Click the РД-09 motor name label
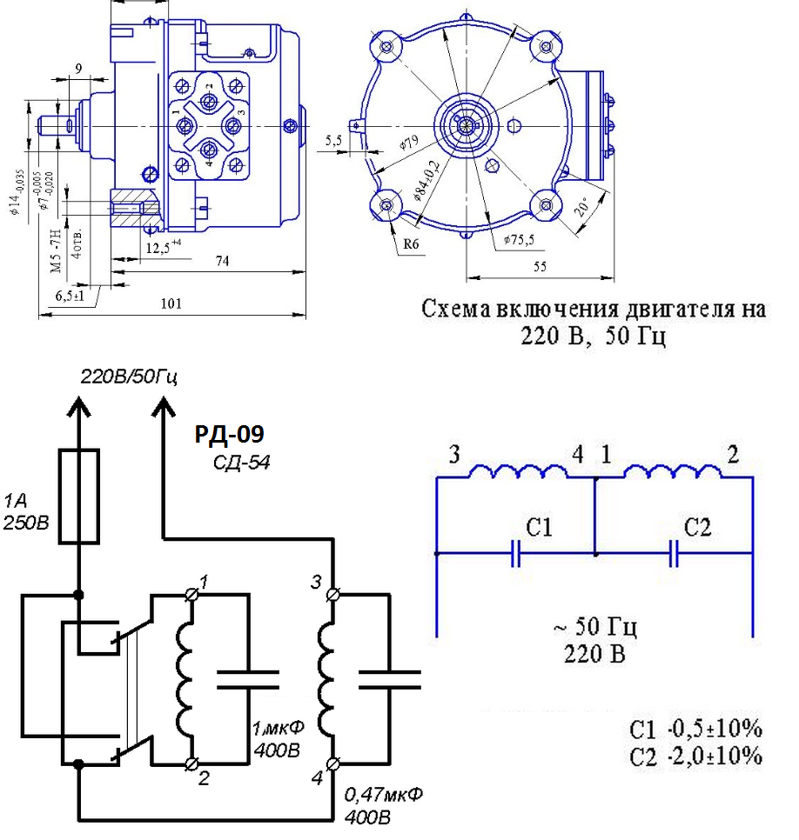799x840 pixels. pyautogui.click(x=230, y=434)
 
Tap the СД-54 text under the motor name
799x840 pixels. pyautogui.click(x=241, y=463)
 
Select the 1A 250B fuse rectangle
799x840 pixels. pyautogui.click(x=79, y=497)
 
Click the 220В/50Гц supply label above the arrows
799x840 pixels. pyautogui.click(x=129, y=377)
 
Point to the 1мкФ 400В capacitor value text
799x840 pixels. pyautogui.click(x=278, y=739)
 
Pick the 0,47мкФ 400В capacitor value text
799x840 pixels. pyautogui.click(x=383, y=805)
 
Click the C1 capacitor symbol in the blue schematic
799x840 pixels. pyautogui.click(x=515, y=553)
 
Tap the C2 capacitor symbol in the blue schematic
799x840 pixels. pyautogui.click(x=674, y=553)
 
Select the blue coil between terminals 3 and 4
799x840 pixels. pyautogui.click(x=518, y=471)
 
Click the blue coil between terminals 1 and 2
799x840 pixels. pyautogui.click(x=673, y=471)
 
